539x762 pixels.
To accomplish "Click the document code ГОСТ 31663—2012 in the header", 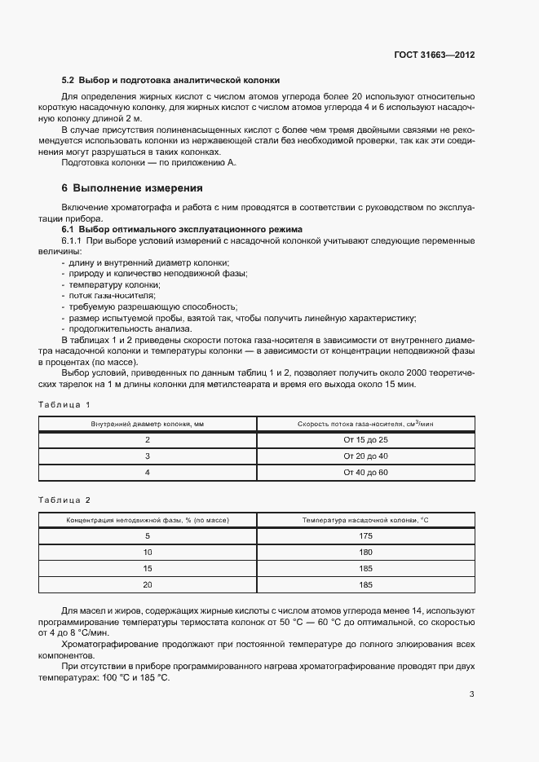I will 433,55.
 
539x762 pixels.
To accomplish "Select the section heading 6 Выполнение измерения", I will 133,187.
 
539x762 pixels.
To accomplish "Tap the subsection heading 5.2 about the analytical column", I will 171,80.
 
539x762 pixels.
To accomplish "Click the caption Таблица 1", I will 64,404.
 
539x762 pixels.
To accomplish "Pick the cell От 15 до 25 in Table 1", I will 365,439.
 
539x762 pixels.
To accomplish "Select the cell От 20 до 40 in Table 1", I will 365,456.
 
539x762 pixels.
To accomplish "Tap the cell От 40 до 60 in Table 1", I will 365,472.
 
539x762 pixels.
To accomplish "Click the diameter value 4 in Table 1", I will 148,472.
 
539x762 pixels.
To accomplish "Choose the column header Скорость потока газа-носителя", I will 365,424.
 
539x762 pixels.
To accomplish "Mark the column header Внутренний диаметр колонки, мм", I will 148,424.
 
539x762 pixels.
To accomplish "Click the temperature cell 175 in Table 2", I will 365,535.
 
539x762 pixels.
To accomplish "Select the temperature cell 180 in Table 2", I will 365,552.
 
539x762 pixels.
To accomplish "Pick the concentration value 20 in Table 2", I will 148,584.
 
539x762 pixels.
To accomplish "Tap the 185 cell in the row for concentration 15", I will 365,568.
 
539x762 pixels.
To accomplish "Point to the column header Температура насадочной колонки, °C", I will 365,519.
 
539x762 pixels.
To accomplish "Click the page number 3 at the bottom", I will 471,694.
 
